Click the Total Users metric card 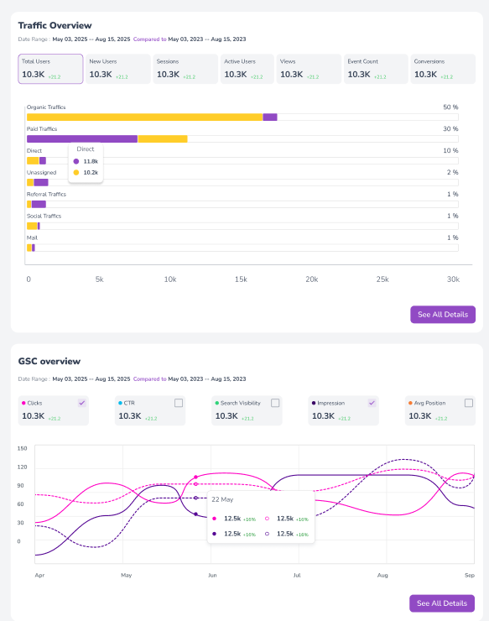[50, 69]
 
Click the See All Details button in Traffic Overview [442, 315]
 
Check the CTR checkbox [178, 403]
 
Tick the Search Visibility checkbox [275, 403]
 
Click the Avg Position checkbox [467, 403]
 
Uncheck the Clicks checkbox [81, 403]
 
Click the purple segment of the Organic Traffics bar [270, 117]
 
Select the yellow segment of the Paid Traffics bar [162, 139]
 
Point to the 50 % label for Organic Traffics [450, 107]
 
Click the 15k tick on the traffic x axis [241, 279]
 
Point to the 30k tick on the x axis [453, 279]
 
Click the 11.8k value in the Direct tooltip [91, 161]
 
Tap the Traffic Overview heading [55, 26]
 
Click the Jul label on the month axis [298, 576]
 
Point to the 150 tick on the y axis [23, 448]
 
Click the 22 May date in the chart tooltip [222, 500]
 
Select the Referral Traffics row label [46, 195]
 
